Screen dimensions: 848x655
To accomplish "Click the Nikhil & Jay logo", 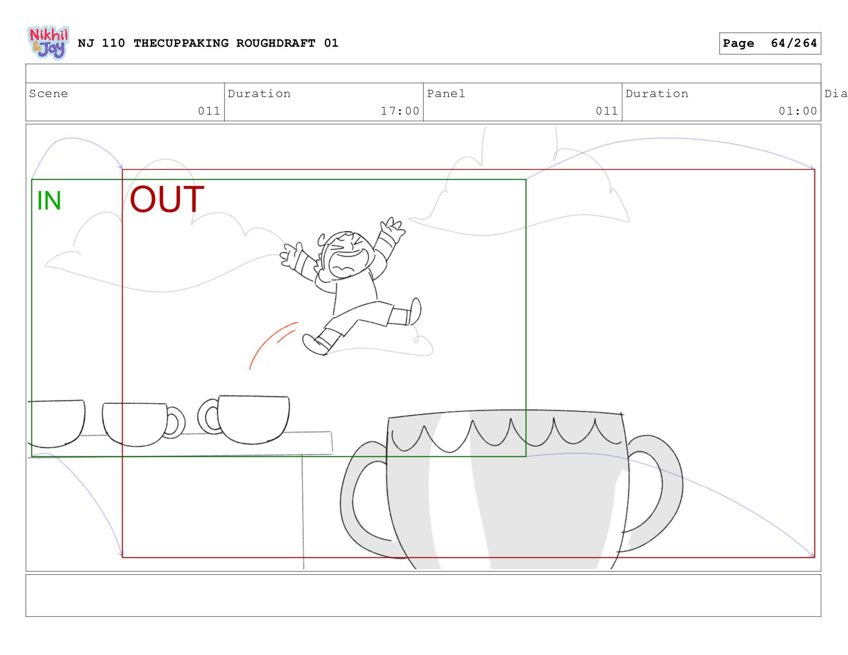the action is pyautogui.click(x=49, y=43).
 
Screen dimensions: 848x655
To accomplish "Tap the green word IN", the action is pyautogui.click(x=49, y=201).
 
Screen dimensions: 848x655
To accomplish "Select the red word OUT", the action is pyautogui.click(x=167, y=199).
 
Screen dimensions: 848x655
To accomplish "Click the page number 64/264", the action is pyautogui.click(x=794, y=43).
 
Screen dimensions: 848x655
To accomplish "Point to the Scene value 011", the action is pyautogui.click(x=209, y=111).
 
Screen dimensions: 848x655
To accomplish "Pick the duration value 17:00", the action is pyautogui.click(x=400, y=111).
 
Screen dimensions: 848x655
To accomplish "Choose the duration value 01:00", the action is pyautogui.click(x=798, y=111).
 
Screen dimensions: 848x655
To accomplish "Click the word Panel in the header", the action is pyautogui.click(x=446, y=93).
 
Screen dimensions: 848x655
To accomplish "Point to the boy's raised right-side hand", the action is pyautogui.click(x=393, y=230).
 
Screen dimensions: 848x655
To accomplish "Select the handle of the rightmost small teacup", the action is pyautogui.click(x=209, y=416).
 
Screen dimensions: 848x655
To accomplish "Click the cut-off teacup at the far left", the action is pyautogui.click(x=57, y=424).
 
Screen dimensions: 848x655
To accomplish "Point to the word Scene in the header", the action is pyautogui.click(x=48, y=93).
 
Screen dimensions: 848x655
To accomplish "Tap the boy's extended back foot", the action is pyautogui.click(x=415, y=311).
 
